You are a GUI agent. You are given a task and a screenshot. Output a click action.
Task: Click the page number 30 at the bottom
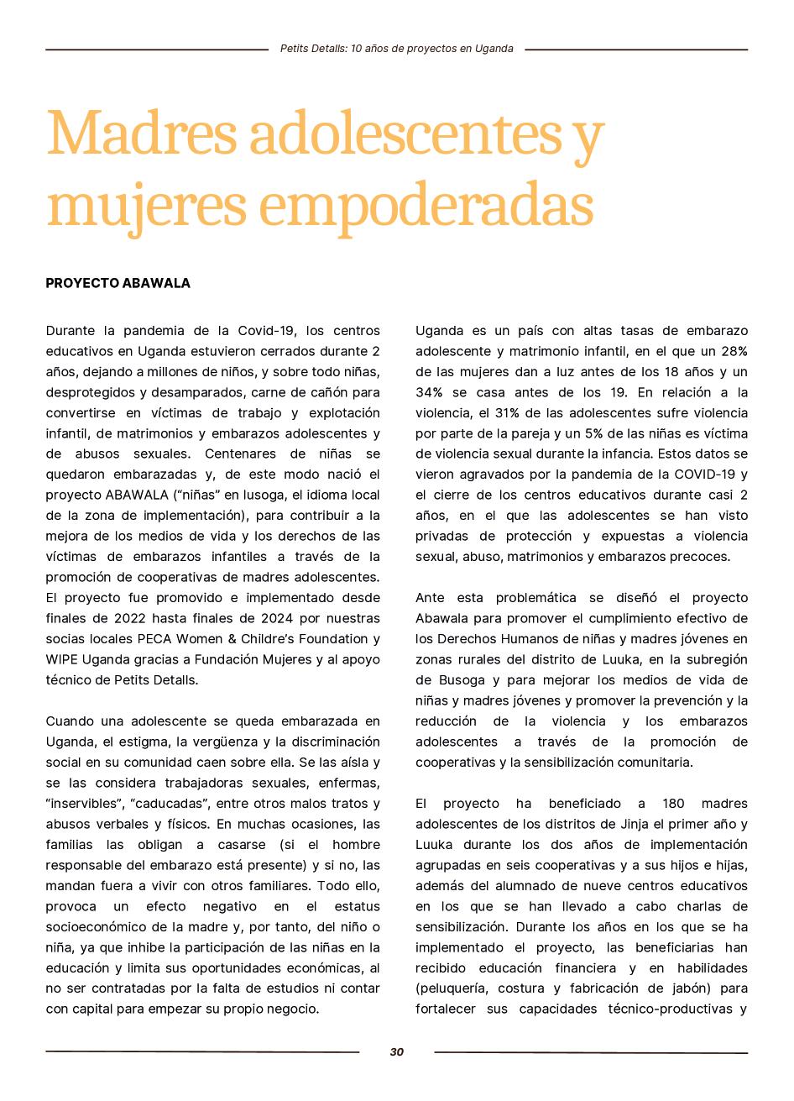pos(397,1052)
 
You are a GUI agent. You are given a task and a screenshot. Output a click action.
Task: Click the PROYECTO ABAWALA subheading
pos(118,283)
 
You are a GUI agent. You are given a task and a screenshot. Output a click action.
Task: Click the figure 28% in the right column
pos(733,351)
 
